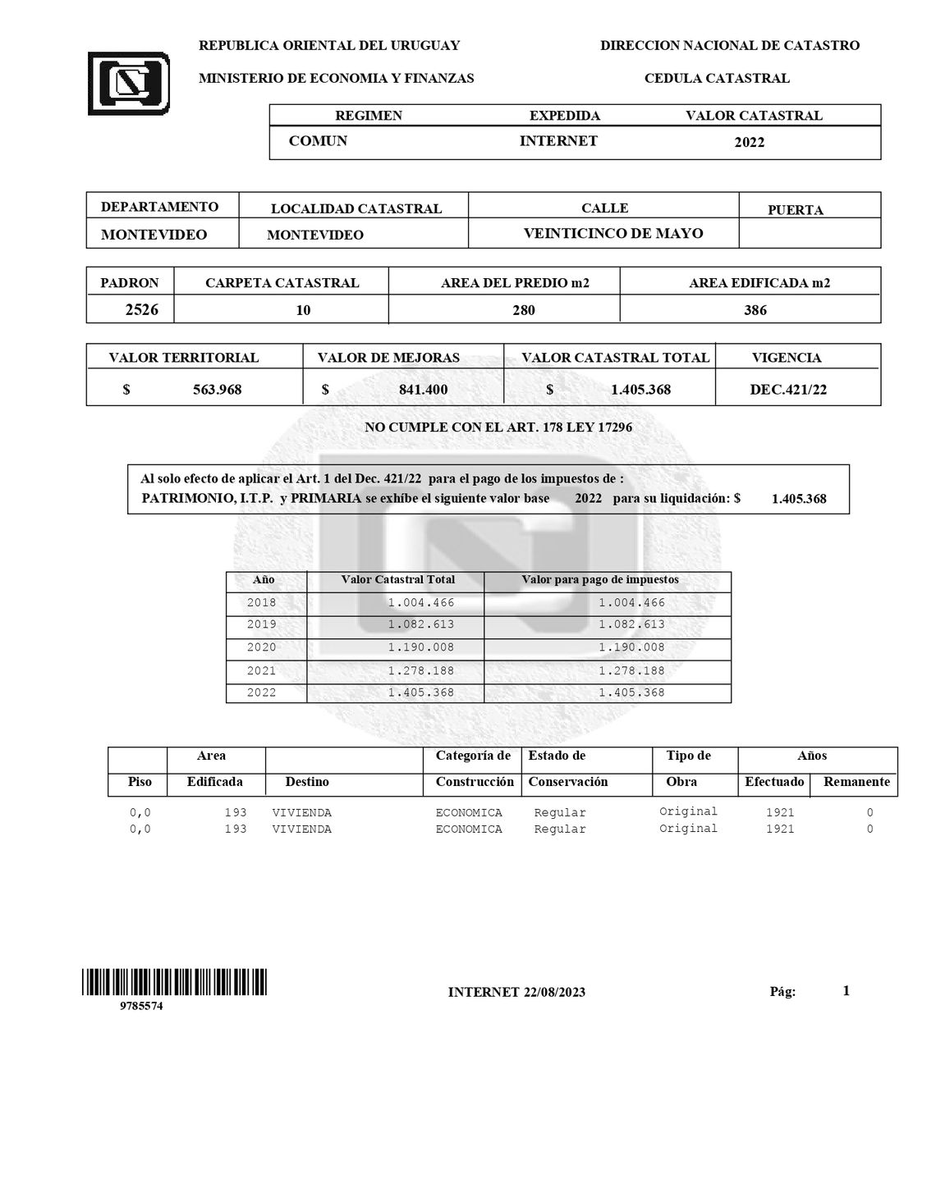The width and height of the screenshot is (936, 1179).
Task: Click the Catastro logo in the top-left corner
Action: coord(129,83)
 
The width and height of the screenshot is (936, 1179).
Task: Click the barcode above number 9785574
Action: coord(174,982)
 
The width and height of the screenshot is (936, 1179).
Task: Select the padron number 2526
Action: coord(141,310)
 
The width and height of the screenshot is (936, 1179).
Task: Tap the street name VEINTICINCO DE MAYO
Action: coord(613,233)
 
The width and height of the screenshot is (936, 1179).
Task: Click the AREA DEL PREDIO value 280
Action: coord(523,310)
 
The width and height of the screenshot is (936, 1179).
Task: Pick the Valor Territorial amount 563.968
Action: coord(217,390)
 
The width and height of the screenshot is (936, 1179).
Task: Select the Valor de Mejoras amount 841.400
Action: coord(423,390)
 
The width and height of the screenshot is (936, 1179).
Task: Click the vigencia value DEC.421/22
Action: coord(788,390)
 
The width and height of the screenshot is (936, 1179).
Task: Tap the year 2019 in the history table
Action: coord(262,624)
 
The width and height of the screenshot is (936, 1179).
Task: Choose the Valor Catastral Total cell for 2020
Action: coord(420,647)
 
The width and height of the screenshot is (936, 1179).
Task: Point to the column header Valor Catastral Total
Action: coord(397,579)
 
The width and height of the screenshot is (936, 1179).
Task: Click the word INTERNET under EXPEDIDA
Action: coord(558,141)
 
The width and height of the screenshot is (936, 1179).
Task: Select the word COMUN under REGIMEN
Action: coord(318,141)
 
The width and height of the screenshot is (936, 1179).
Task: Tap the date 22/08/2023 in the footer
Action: coord(554,992)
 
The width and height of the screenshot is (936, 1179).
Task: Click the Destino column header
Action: coord(307,782)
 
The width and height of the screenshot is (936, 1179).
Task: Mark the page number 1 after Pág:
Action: coord(846,991)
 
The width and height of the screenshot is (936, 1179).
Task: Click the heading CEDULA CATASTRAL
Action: coord(717,79)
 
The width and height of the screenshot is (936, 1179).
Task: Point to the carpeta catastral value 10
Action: coord(303,310)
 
